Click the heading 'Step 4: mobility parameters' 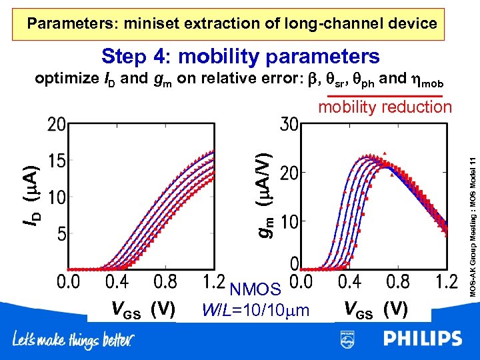(x=241, y=56)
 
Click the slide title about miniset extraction (x=232, y=24)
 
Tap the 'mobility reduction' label (x=385, y=107)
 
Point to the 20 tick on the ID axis (x=56, y=125)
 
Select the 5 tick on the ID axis (x=61, y=235)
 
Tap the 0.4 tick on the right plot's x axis (x=350, y=283)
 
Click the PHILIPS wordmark (x=422, y=339)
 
